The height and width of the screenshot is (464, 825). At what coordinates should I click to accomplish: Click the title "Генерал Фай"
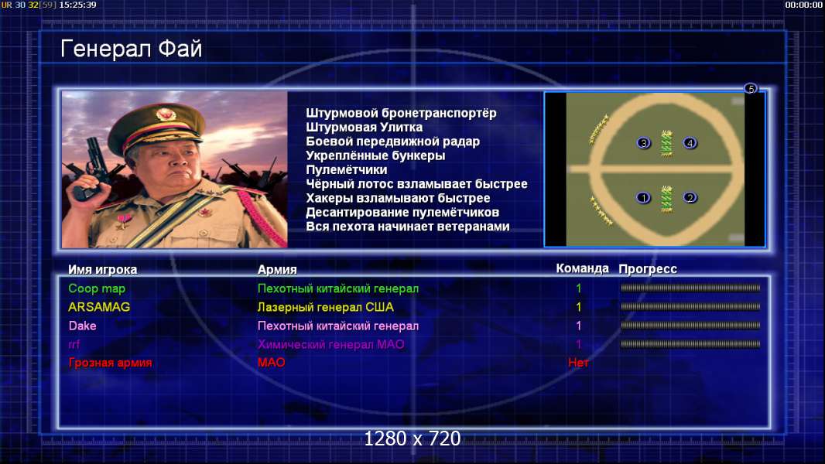[131, 49]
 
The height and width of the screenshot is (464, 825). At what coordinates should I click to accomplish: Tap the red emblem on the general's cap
[165, 114]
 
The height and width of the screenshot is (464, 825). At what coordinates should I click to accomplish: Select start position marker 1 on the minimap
[643, 198]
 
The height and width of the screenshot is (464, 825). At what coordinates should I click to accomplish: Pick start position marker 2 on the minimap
[690, 197]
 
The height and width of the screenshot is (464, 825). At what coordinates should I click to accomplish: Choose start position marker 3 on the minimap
[643, 143]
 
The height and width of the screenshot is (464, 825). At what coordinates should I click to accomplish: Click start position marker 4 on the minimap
[690, 142]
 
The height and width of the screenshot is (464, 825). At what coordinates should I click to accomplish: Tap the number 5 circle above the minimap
[751, 88]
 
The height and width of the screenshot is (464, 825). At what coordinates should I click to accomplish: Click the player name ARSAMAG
[99, 307]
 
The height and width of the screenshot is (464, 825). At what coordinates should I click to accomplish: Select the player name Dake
[82, 326]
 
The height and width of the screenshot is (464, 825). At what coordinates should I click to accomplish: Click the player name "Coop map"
[97, 288]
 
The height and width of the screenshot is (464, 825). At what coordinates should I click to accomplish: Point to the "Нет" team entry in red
[578, 363]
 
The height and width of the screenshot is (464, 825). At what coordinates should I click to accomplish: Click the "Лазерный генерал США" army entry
[325, 307]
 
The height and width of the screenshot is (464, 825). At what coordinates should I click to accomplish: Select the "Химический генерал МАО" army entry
[330, 345]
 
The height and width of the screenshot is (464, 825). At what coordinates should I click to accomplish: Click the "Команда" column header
[582, 268]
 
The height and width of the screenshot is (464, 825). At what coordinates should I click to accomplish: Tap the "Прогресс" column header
[648, 269]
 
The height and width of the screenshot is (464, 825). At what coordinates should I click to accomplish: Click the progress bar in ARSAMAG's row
[690, 307]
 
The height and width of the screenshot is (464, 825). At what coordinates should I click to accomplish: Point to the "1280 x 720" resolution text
[412, 438]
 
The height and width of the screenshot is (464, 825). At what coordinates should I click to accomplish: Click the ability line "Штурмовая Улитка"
[364, 127]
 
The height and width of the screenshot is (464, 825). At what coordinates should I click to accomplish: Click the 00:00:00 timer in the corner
[803, 5]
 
